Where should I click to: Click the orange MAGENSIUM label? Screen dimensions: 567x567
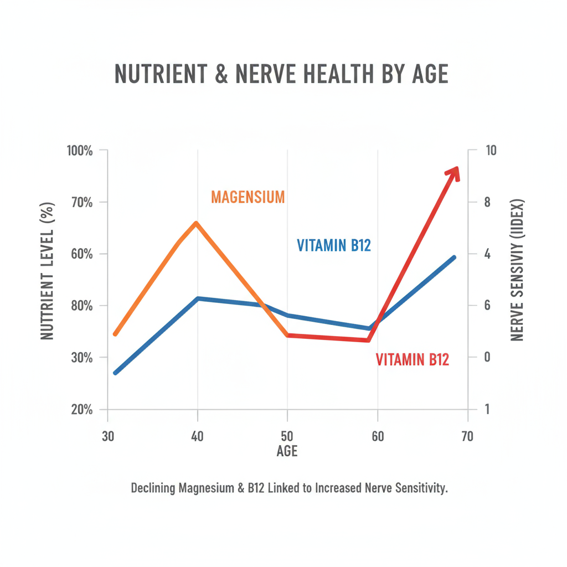(248, 197)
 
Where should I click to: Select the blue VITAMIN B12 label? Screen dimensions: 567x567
(333, 245)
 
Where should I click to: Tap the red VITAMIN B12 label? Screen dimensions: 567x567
(412, 359)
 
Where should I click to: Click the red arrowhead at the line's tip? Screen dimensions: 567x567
(453, 172)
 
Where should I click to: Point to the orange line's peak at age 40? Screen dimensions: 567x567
(196, 223)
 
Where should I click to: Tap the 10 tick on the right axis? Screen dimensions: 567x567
(491, 151)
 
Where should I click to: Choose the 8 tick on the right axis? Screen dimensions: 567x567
(487, 202)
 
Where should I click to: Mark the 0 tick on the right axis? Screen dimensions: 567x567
(487, 357)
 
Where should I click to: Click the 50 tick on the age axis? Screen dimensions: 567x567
(287, 436)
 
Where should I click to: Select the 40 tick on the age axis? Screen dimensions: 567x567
(198, 436)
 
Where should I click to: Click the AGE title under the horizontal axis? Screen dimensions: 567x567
(287, 451)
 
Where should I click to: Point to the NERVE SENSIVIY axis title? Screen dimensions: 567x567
(517, 270)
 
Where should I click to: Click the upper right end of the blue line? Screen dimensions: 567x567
(453, 257)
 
